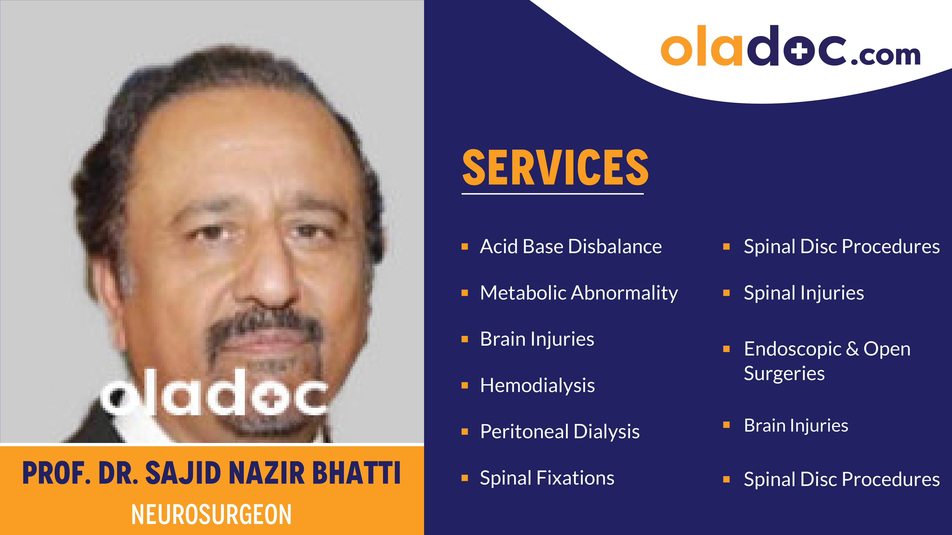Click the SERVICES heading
[555, 168]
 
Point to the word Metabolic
[523, 293]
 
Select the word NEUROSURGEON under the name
[211, 514]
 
